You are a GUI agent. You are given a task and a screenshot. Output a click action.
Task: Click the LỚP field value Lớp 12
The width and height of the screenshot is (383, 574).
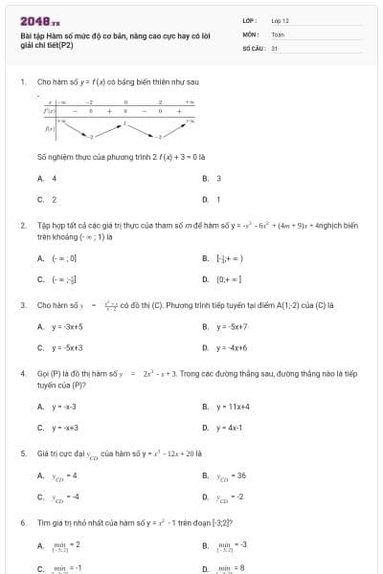(280, 20)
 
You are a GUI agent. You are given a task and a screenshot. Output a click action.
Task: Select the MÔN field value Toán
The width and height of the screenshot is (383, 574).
(278, 33)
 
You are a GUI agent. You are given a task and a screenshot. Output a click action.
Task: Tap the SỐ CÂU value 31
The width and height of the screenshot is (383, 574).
(275, 47)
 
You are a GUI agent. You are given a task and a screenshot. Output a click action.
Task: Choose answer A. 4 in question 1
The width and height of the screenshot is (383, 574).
(47, 178)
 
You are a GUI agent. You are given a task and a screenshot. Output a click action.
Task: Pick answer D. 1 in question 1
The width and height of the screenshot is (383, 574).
(212, 199)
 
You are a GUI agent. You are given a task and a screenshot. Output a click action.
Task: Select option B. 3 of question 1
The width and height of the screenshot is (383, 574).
(212, 178)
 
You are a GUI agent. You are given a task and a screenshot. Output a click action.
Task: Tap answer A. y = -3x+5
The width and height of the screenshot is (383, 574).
(59, 327)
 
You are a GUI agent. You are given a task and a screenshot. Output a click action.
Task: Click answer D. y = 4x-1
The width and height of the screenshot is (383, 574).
(222, 428)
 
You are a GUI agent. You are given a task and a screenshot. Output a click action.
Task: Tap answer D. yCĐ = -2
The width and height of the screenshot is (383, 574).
(223, 497)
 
